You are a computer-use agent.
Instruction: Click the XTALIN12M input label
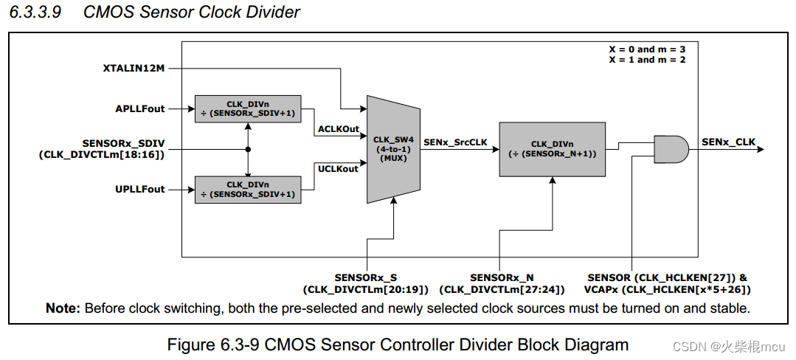[134, 69]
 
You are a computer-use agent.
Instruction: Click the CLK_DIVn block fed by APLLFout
[247, 109]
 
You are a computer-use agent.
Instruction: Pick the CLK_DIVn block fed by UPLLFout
[247, 190]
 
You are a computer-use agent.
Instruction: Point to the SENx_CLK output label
[728, 142]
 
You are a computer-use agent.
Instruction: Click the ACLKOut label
[338, 129]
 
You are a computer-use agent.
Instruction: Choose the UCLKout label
[338, 169]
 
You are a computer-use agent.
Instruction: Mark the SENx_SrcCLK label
[455, 142]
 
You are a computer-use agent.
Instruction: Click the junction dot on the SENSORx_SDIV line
[249, 149]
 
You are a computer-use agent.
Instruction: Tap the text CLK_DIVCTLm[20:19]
[365, 290]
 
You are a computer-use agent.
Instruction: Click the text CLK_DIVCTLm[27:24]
[501, 290]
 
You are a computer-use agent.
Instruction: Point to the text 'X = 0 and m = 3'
[647, 49]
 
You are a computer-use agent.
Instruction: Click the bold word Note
[62, 308]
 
